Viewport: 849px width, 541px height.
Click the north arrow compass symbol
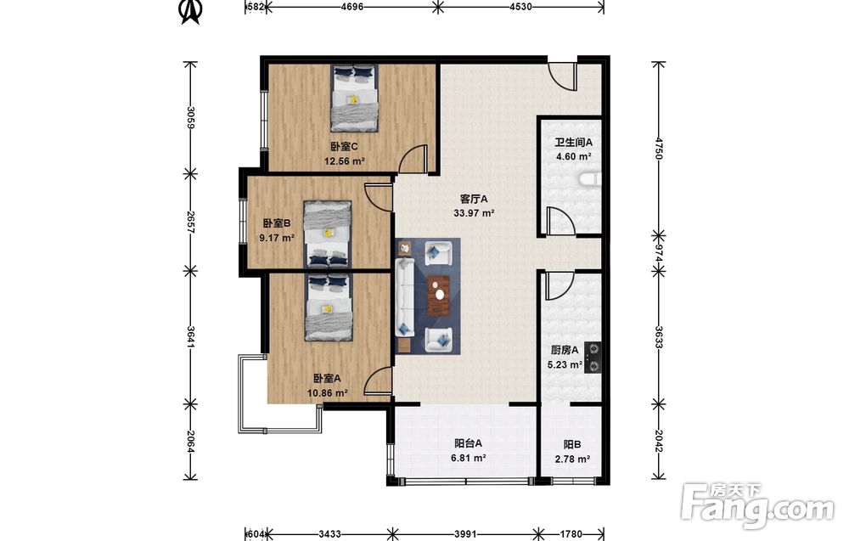click(190, 12)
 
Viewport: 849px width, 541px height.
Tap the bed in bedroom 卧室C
click(355, 98)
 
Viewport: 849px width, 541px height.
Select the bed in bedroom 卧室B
click(328, 234)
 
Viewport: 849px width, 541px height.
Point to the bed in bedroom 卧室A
click(328, 307)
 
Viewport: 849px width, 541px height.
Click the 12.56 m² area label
click(345, 161)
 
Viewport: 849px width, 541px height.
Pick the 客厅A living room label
click(474, 199)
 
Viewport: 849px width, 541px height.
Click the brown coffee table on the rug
click(439, 296)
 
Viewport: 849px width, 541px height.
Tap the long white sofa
click(405, 296)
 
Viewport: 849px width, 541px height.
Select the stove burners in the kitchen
click(593, 358)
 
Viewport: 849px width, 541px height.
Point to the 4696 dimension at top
click(351, 7)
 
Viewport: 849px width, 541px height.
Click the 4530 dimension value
click(520, 7)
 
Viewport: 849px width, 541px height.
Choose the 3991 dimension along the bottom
click(465, 534)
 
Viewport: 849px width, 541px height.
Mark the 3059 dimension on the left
click(190, 117)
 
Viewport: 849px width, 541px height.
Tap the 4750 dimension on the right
click(659, 148)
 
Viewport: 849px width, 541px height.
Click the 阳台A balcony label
click(469, 443)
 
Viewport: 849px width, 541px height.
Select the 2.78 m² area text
click(572, 459)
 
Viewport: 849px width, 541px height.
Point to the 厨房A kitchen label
click(565, 350)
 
